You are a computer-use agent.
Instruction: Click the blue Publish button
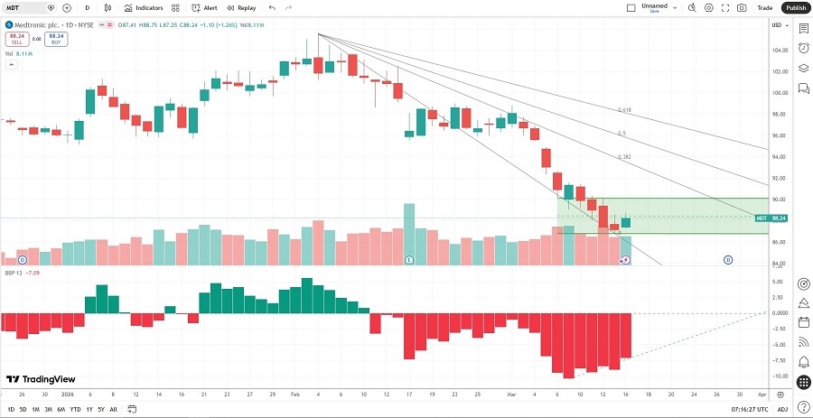(x=795, y=7)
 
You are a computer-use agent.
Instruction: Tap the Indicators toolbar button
(x=145, y=7)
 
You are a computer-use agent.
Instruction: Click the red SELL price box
(x=16, y=39)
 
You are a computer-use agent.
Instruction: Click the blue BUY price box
(x=56, y=39)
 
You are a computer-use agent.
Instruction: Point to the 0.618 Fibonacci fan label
(x=624, y=110)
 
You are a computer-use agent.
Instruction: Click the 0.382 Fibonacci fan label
(x=624, y=156)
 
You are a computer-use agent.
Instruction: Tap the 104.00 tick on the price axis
(x=777, y=50)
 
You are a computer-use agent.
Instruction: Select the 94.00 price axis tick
(x=777, y=156)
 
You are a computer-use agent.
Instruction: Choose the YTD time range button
(x=75, y=409)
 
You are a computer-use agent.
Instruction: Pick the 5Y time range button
(x=100, y=409)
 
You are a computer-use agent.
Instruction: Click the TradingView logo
(x=41, y=380)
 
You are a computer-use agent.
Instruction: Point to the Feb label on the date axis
(x=295, y=395)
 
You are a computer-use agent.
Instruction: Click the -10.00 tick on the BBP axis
(x=777, y=376)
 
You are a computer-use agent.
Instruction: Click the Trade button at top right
(x=765, y=7)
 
